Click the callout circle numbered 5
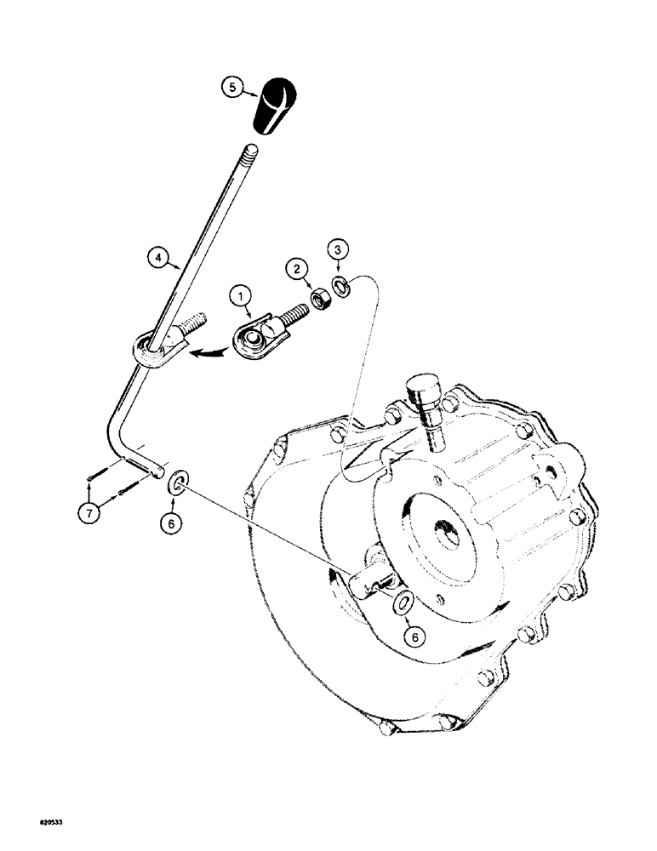pyautogui.click(x=230, y=87)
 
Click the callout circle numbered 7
pyautogui.click(x=90, y=511)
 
